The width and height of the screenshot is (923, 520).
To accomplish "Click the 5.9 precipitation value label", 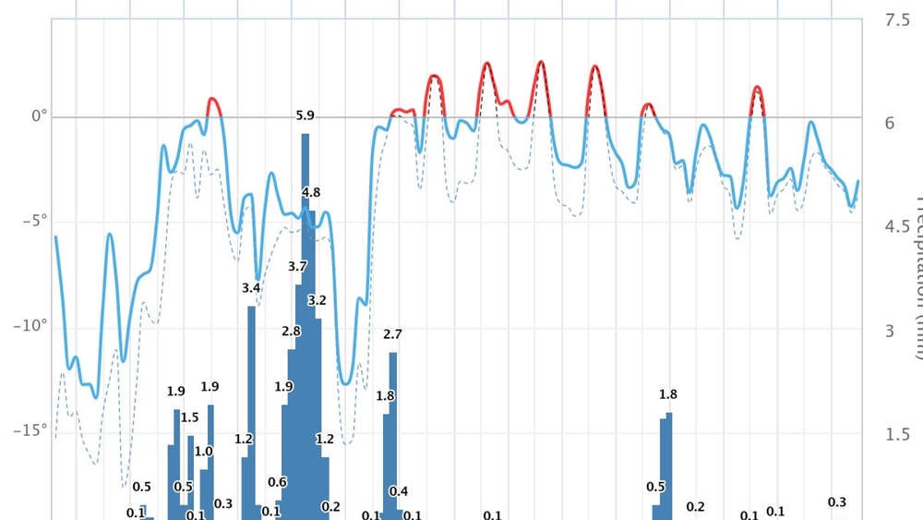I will click(x=305, y=115).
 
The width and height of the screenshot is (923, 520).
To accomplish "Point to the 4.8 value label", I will click(x=311, y=192).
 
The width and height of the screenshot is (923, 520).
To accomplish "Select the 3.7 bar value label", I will click(x=297, y=266).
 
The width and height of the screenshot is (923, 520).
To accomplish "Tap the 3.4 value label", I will click(x=251, y=288).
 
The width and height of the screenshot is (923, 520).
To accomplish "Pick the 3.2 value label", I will click(x=317, y=300).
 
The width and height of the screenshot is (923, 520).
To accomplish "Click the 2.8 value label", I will click(x=292, y=331).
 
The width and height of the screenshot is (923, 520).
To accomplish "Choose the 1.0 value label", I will click(x=204, y=451).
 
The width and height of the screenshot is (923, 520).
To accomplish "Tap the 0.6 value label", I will click(x=277, y=482).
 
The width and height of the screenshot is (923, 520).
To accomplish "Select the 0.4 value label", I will click(x=399, y=491).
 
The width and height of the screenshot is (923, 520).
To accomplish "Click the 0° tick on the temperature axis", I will click(x=39, y=116).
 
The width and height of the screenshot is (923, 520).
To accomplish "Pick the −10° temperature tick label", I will click(x=33, y=325).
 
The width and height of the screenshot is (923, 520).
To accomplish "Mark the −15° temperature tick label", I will click(x=33, y=429).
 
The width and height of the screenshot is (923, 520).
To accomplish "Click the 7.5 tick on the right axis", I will click(x=896, y=20).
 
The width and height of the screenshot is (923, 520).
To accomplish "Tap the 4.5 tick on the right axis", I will click(x=896, y=226).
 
